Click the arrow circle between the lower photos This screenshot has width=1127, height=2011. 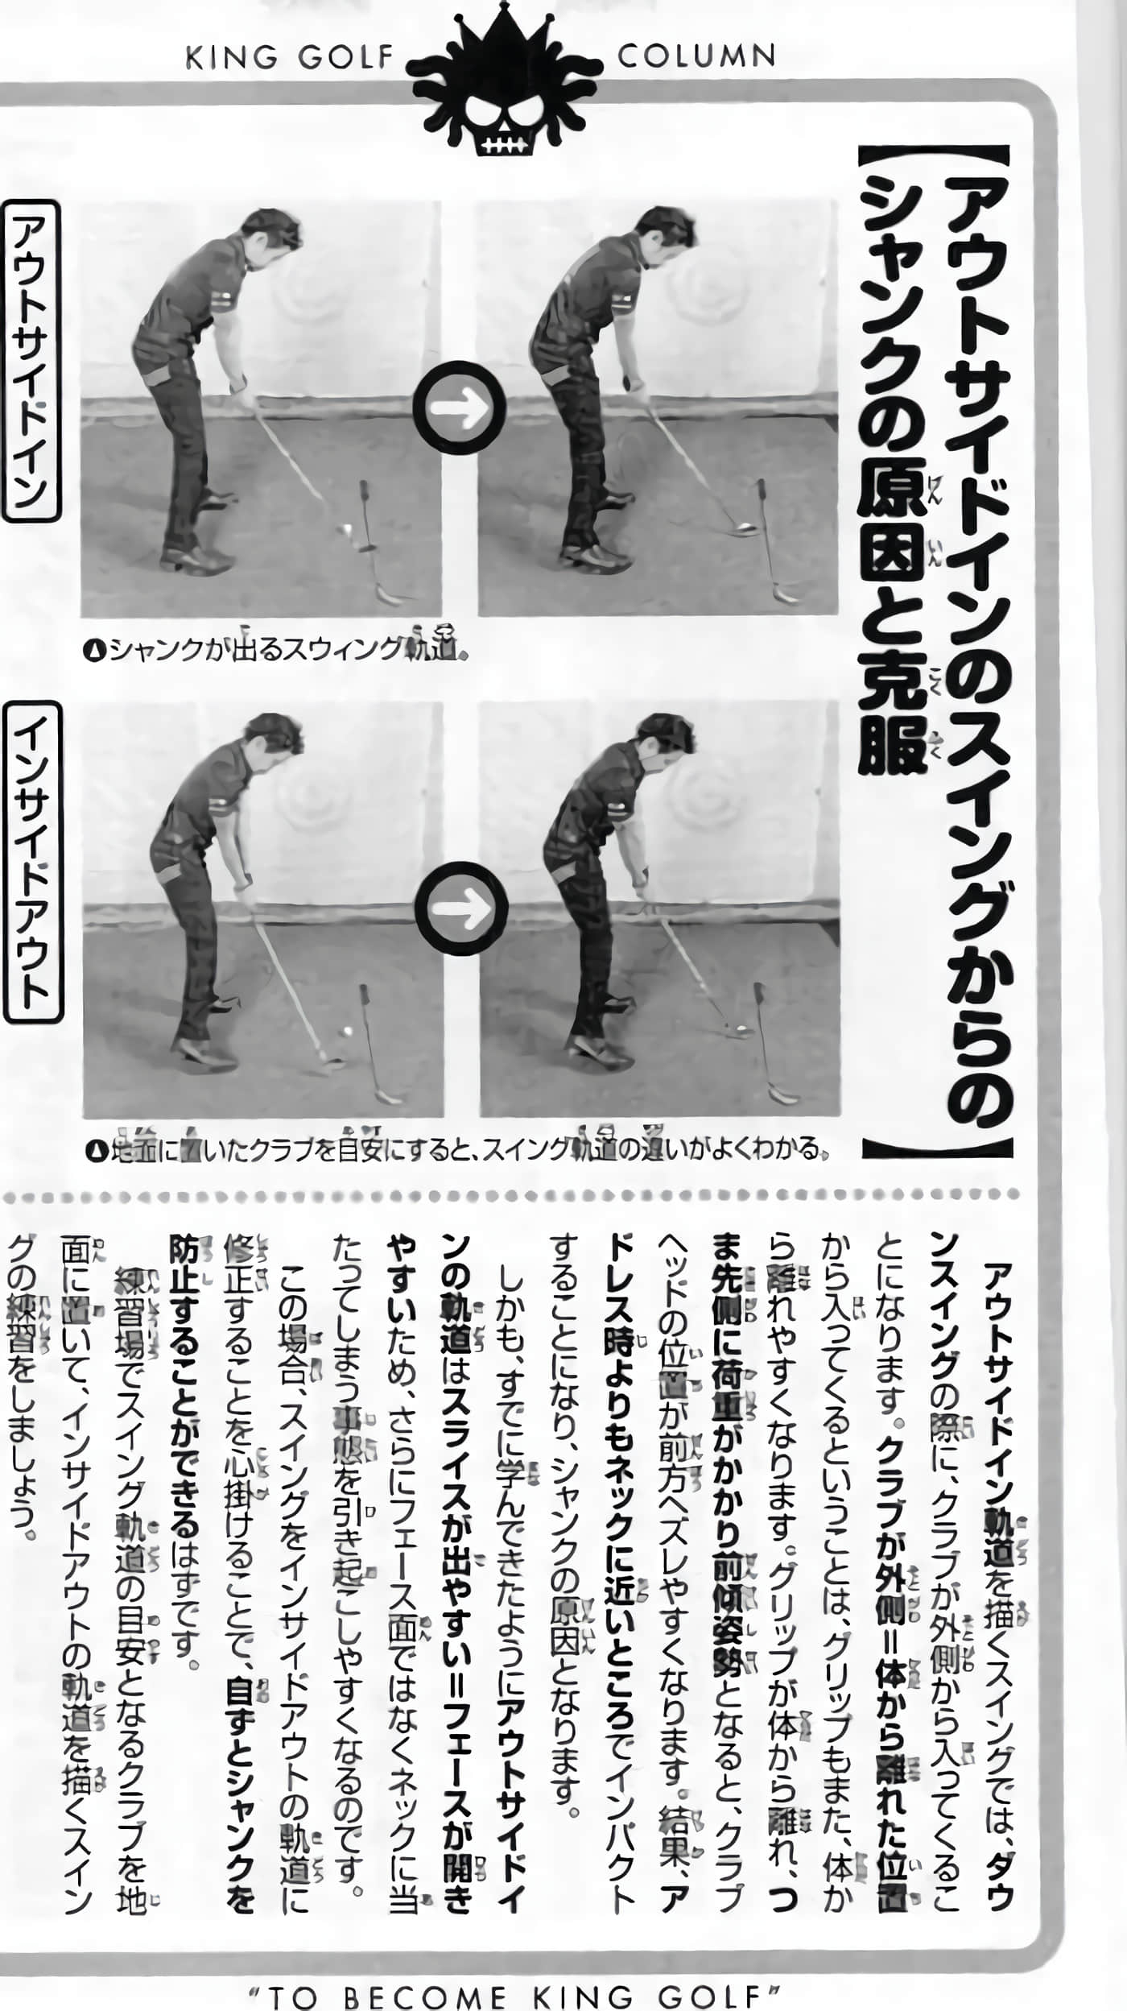click(461, 908)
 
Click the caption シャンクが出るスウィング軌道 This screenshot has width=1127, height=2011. click(278, 648)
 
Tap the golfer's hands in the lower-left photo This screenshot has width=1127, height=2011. click(242, 890)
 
